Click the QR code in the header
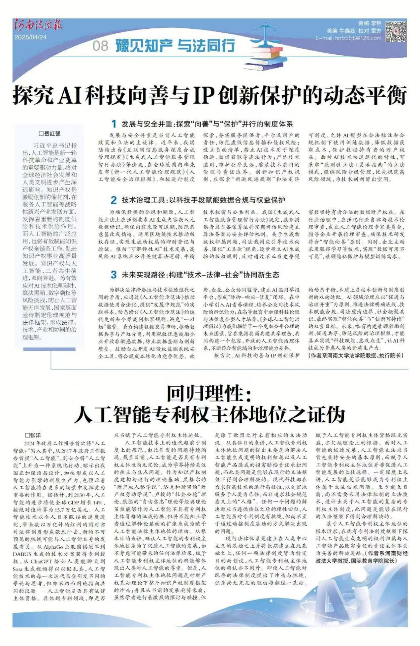[396, 31]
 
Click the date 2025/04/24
[31, 37]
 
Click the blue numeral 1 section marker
[114, 124]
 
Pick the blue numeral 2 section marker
[114, 200]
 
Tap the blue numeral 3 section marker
[114, 275]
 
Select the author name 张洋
[33, 435]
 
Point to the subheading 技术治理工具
[144, 200]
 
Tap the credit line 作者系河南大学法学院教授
[356, 355]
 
